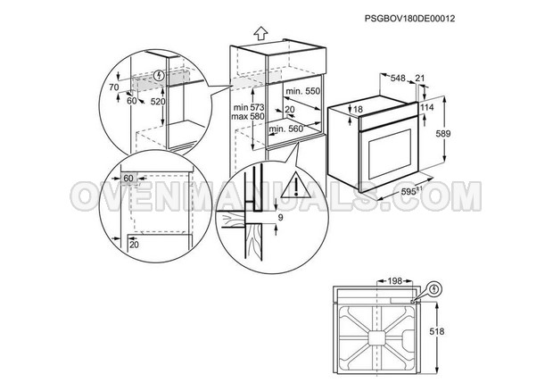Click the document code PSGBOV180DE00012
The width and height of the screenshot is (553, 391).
tap(409, 19)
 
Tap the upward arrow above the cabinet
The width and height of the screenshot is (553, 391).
tap(260, 33)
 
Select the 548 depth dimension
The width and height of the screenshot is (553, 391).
tap(398, 78)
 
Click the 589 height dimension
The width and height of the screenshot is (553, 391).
tap(443, 134)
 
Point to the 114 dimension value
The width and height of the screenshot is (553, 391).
tap(426, 108)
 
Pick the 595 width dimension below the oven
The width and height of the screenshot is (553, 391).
tap(411, 191)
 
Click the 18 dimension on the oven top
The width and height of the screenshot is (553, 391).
tap(358, 110)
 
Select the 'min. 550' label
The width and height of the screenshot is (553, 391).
tap(302, 91)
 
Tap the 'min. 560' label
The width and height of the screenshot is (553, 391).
tap(286, 129)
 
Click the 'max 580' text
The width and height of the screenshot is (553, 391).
tap(248, 116)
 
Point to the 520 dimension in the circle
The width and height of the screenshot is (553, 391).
tap(158, 102)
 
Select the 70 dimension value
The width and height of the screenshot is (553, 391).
tap(114, 87)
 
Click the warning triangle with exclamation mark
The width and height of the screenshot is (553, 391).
tap(295, 185)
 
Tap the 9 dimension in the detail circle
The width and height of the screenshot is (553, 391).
tap(280, 218)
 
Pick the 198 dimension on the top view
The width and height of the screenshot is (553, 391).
tap(395, 281)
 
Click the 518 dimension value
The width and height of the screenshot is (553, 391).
tap(437, 331)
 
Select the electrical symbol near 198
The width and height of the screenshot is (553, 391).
tap(435, 289)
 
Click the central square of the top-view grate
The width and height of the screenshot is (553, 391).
tap(376, 337)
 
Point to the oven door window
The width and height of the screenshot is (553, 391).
tap(390, 154)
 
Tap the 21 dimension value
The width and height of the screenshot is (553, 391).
tap(420, 78)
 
